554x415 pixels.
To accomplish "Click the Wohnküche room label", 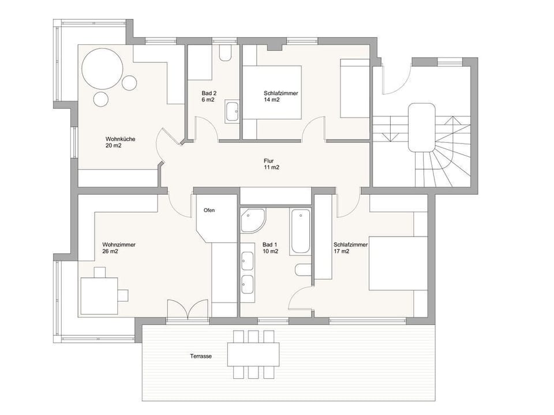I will [121, 142].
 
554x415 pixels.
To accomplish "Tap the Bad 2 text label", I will [209, 96].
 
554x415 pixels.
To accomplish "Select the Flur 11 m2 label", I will [271, 164].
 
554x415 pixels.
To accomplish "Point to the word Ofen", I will [209, 210].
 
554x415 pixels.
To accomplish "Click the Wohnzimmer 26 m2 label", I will [119, 248].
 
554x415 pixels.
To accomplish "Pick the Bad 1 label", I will [270, 248].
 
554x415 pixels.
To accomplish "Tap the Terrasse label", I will [200, 356].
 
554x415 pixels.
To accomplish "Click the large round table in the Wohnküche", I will [102, 67].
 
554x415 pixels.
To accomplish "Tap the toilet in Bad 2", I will [225, 54].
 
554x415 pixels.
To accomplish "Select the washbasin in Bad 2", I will [233, 111].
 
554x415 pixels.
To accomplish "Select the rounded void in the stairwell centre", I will [421, 127].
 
